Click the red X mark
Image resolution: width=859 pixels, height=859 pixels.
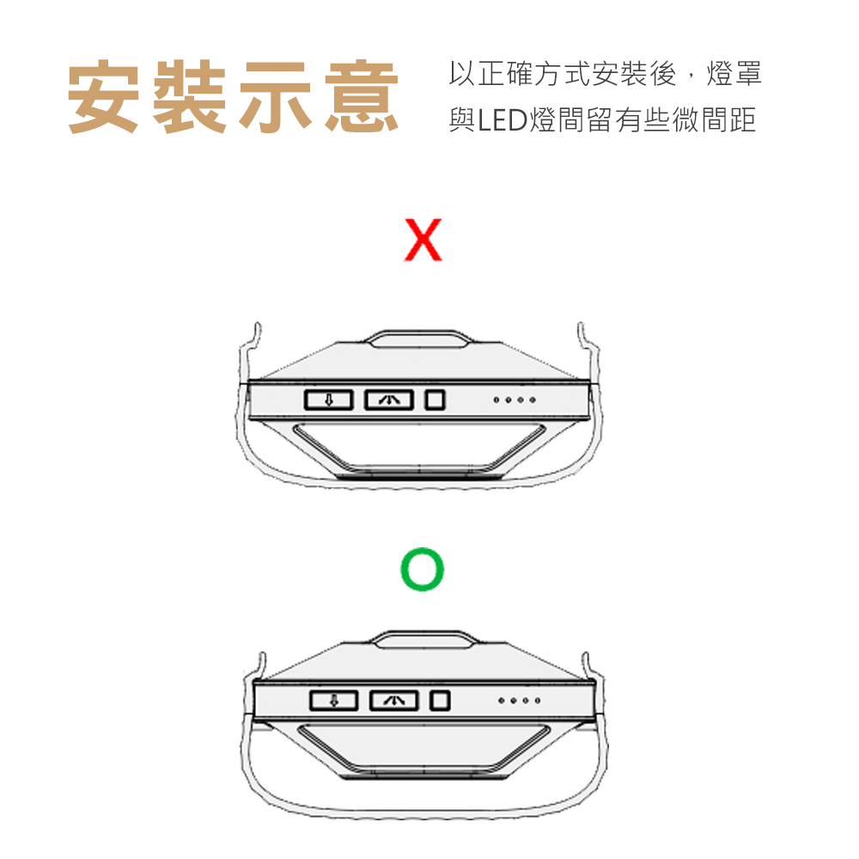(422, 240)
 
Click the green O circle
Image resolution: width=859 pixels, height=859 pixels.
(423, 570)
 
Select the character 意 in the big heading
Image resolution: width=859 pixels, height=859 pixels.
(362, 97)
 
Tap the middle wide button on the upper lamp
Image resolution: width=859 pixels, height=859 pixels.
(389, 399)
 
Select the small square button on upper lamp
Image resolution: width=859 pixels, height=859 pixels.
(436, 399)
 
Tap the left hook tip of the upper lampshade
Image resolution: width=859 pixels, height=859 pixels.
(256, 327)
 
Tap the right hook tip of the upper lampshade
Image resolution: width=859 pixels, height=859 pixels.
(582, 327)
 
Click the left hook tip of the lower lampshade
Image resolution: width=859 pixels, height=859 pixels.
(260, 658)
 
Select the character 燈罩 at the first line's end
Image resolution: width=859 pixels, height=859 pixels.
(733, 76)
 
